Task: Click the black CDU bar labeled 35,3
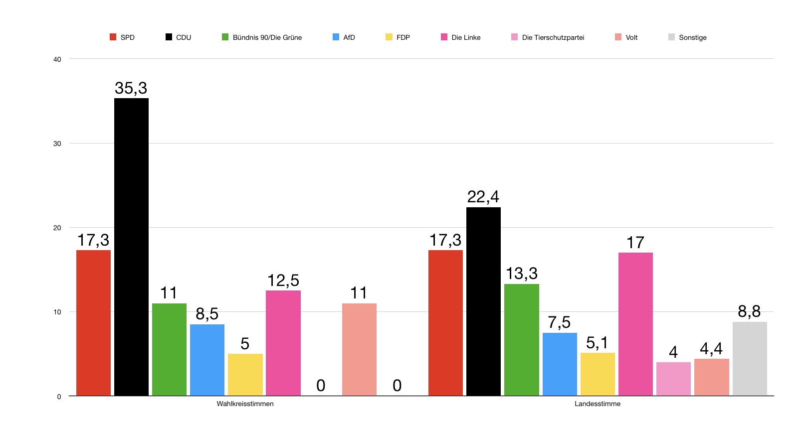[x=131, y=247]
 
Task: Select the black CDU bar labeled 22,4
[x=483, y=301]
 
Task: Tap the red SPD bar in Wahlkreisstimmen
[x=93, y=323]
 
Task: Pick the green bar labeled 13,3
[x=521, y=340]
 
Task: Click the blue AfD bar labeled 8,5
[x=207, y=360]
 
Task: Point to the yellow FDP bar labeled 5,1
[x=598, y=374]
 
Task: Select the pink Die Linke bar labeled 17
[x=635, y=324]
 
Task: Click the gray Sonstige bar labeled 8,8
[x=750, y=359]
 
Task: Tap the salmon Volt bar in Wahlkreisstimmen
[x=359, y=349]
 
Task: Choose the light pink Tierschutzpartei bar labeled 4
[x=673, y=379]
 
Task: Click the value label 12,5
[x=283, y=281]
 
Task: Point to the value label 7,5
[x=559, y=322]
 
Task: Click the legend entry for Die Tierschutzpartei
[x=553, y=37]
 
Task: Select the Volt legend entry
[x=631, y=37]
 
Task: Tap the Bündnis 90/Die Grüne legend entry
[x=267, y=37]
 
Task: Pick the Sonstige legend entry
[x=692, y=37]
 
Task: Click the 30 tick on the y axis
[x=57, y=143]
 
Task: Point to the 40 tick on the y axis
[x=57, y=59]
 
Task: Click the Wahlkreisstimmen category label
[x=245, y=404]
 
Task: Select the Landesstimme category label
[x=598, y=404]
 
